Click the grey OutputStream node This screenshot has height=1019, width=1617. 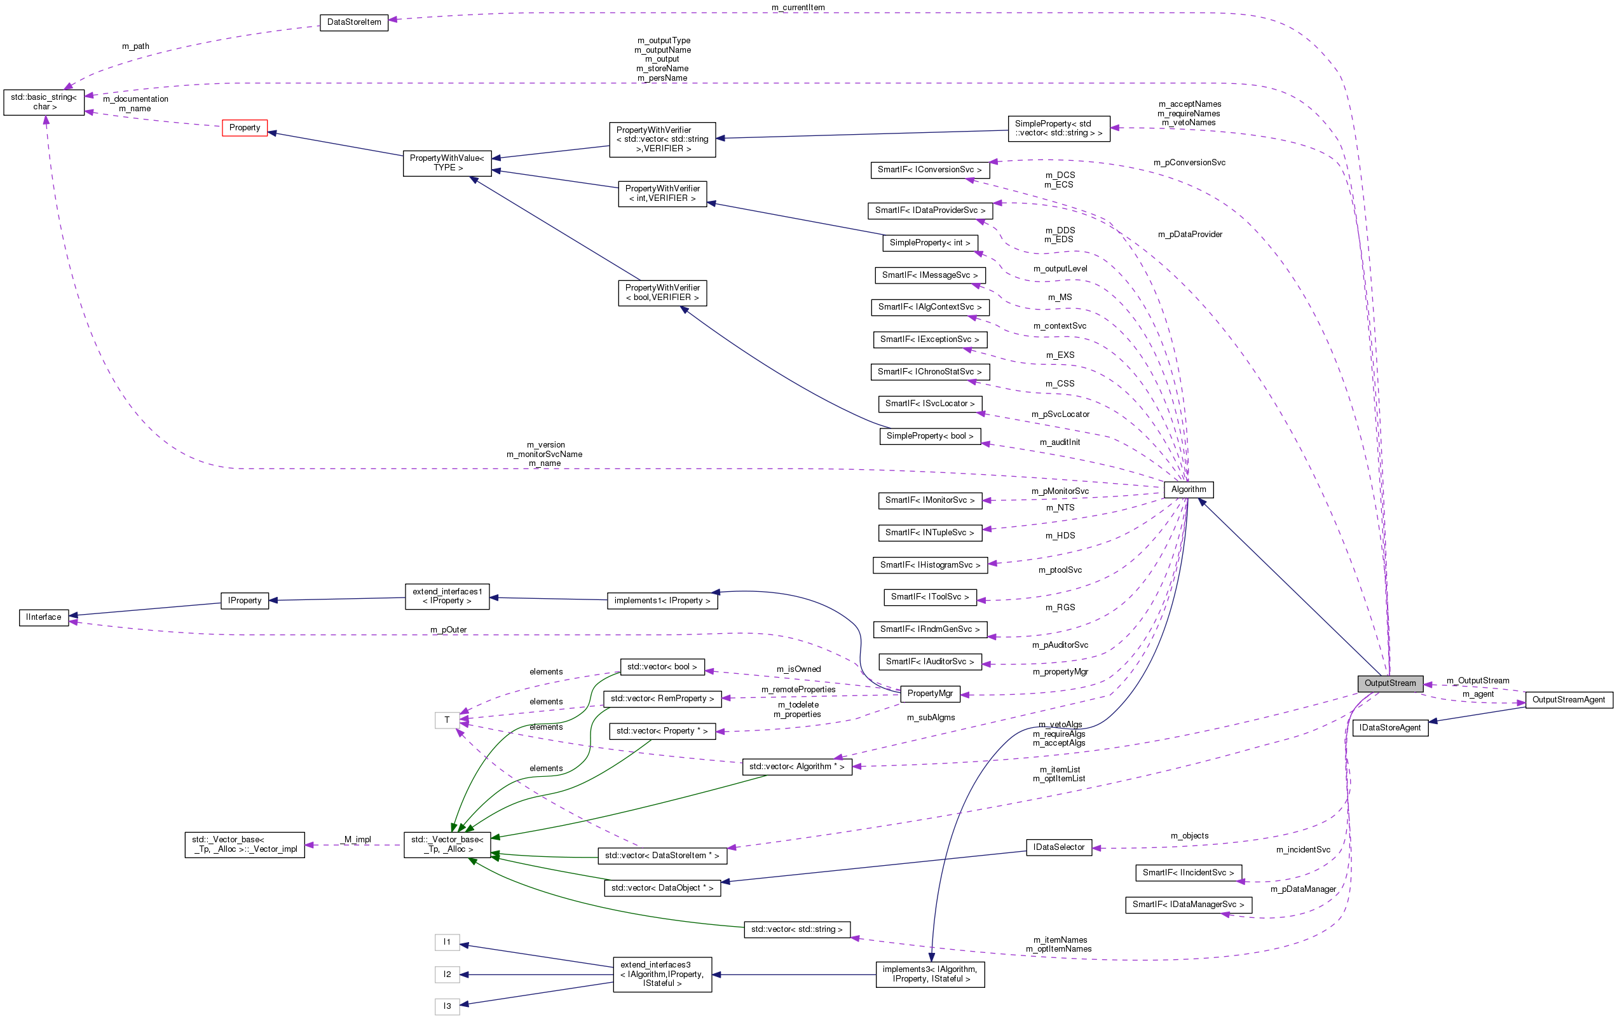point(1389,683)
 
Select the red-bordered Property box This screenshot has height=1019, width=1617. point(245,128)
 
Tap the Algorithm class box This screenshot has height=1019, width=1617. point(1188,489)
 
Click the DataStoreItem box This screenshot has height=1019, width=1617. point(354,22)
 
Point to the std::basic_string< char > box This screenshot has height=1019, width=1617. point(44,102)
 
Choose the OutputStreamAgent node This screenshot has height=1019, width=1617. point(1568,699)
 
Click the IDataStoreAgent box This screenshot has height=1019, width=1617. point(1389,727)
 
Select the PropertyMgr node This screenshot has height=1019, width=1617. point(929,694)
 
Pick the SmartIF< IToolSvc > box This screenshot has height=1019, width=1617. point(929,596)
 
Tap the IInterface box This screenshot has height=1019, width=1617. point(44,617)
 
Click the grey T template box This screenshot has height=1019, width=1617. point(447,720)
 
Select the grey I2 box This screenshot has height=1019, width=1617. point(447,974)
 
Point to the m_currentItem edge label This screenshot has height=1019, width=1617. point(798,8)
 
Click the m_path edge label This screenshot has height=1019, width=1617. point(135,46)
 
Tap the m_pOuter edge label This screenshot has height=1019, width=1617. point(448,629)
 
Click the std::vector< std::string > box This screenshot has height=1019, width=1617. point(796,929)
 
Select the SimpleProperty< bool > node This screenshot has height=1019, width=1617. point(929,436)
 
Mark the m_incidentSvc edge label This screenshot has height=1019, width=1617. point(1303,850)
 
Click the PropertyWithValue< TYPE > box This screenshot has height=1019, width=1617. point(447,163)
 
